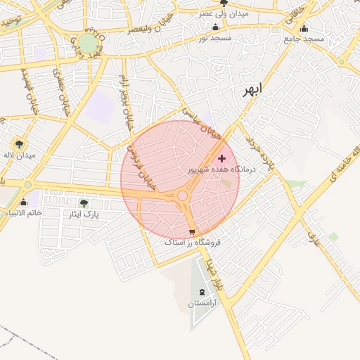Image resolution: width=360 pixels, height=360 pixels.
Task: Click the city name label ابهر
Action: [x=249, y=90]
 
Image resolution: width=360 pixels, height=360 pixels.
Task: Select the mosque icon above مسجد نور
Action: [x=214, y=27]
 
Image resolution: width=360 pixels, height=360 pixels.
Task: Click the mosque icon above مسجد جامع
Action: [x=304, y=28]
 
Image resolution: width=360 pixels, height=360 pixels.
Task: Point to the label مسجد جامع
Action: [x=304, y=38]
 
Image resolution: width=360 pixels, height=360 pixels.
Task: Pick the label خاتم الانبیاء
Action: [x=22, y=212]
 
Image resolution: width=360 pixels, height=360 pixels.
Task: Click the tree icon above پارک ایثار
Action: [x=84, y=203]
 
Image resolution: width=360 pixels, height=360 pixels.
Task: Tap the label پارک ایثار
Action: [x=84, y=213]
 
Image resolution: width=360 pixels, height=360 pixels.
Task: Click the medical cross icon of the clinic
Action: [x=222, y=159]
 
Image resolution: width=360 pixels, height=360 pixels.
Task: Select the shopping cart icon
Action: [x=192, y=231]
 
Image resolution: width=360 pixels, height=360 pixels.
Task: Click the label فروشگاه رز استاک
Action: [x=192, y=242]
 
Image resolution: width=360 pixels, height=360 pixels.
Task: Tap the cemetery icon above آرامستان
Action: [x=203, y=292]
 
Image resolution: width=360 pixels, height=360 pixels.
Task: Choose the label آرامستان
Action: [x=203, y=303]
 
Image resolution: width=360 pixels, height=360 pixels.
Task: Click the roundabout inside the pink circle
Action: [x=183, y=195]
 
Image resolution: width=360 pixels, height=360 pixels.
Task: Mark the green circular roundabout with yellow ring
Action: [x=88, y=44]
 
